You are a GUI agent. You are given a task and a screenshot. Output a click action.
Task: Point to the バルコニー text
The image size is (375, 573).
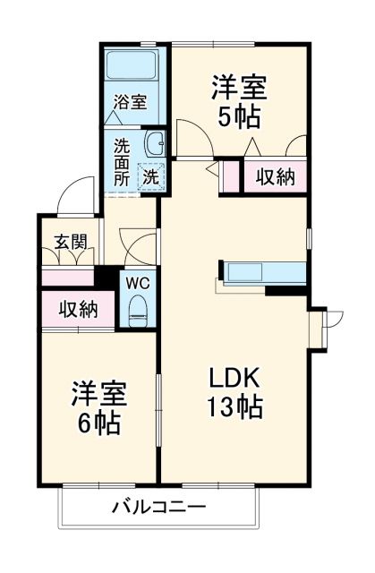pyautogui.click(x=159, y=508)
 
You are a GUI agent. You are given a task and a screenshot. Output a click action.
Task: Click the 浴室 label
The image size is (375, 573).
pyautogui.click(x=129, y=101)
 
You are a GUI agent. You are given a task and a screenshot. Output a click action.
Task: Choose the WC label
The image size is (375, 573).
pyautogui.click(x=137, y=283)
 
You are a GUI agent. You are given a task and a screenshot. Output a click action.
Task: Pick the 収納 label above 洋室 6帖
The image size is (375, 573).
pyautogui.click(x=78, y=310)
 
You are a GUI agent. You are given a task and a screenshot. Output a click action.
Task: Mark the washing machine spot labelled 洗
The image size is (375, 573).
pyautogui.click(x=151, y=177)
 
